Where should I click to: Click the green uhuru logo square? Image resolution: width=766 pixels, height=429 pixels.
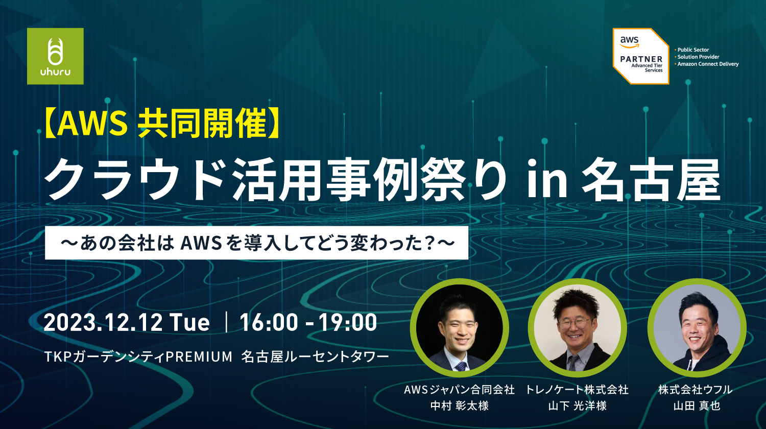(55, 56)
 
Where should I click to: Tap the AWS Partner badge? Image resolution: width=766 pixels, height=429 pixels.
(641, 56)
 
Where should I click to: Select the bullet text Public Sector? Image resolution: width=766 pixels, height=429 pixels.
(693, 50)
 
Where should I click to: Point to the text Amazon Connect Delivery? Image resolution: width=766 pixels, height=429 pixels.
(708, 64)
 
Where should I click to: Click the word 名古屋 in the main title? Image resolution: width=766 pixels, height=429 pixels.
(651, 179)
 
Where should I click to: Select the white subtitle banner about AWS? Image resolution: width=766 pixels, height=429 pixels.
(256, 243)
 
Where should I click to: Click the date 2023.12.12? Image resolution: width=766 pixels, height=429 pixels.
(103, 322)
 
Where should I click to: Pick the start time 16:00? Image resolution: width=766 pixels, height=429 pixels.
(269, 322)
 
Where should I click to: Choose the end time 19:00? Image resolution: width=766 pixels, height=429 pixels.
(348, 322)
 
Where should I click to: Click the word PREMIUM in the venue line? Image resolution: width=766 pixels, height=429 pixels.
(199, 357)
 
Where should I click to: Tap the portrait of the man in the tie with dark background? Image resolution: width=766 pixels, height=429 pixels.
(460, 328)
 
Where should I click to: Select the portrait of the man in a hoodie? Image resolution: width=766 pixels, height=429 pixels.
(696, 328)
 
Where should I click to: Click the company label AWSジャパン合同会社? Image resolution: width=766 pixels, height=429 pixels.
(459, 390)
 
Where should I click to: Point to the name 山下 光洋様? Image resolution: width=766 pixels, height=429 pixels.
(577, 406)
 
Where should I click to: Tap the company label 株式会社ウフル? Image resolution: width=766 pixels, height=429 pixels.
(695, 390)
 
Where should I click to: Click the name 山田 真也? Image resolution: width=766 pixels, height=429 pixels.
(697, 406)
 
